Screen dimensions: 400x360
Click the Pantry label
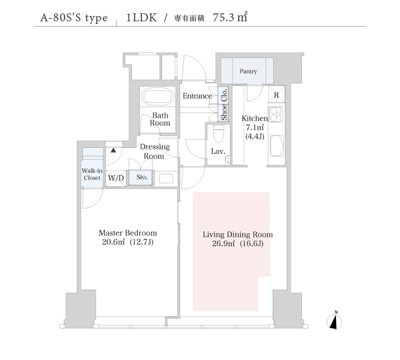pos(248,71)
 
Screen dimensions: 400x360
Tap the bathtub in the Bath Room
pos(159,97)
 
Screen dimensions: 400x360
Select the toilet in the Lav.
pos(218,134)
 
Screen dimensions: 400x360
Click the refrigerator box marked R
pos(276,94)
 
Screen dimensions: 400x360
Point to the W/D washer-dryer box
pos(116,178)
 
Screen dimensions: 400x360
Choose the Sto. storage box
pos(141,177)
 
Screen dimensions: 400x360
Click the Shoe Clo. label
pos(224,104)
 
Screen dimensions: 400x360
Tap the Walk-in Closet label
pos(92,174)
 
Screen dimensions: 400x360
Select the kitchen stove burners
pos(276,114)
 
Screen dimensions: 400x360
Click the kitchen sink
pos(277,146)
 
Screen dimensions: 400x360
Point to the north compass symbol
pos(335,321)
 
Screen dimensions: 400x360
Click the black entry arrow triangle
pos(113,151)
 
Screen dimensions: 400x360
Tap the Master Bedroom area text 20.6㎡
pos(113,241)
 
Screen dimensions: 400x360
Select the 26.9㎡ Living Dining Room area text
pos(223,243)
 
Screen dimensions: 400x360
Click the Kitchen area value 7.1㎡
pos(255,127)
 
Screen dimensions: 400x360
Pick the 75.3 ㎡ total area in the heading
pos(230,17)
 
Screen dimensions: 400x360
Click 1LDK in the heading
pos(141,17)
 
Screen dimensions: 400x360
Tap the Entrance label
pos(197,96)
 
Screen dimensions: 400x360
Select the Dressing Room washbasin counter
pos(166,179)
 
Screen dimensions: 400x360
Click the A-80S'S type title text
pos(74,18)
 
